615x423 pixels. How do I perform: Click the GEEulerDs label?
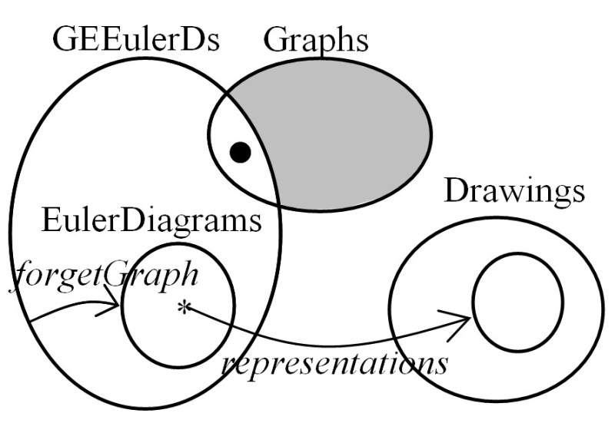point(136,39)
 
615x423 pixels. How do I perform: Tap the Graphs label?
point(315,39)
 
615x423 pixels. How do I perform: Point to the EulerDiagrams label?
point(151,223)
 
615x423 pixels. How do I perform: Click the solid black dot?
point(241,153)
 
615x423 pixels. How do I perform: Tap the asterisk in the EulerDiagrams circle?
point(183,309)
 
